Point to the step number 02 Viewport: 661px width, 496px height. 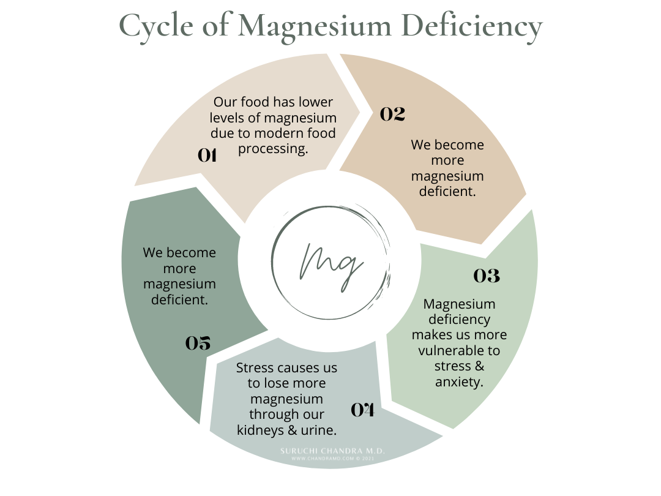393,114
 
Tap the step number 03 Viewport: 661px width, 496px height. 487,276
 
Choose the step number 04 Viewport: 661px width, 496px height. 362,410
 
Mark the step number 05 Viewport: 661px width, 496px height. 198,343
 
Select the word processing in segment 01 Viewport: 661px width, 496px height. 273,148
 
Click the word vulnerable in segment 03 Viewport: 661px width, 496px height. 459,351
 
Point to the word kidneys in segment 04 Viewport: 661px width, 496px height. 260,430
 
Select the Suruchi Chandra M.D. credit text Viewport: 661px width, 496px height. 332,451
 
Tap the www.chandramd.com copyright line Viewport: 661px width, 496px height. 332,458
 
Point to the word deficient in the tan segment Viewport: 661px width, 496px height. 447,192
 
